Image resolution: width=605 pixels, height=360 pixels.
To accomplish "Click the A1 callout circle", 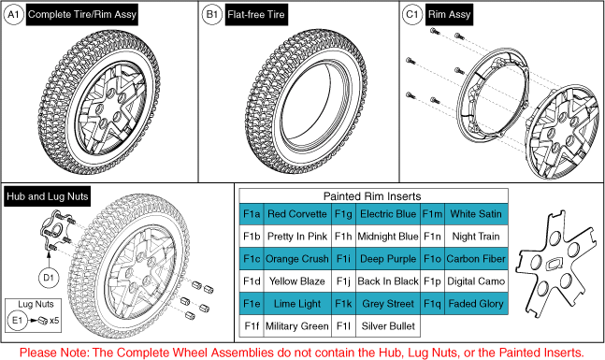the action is pos(13,15).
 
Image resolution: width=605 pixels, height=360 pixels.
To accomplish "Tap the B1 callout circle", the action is pos(212,15).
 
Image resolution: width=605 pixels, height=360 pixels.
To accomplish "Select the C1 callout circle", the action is pos(412,15).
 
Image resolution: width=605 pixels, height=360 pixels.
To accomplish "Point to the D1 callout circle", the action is pos(49,278).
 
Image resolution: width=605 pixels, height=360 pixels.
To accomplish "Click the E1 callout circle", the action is pos(18,320).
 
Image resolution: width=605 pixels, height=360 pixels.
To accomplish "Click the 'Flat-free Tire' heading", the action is pos(256,15).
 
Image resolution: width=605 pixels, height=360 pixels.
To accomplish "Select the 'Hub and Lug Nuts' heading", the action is pos(48,196).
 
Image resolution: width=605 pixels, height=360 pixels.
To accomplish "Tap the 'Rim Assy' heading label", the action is pos(449,15).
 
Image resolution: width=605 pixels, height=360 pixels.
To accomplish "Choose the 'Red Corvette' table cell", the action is pos(297,214).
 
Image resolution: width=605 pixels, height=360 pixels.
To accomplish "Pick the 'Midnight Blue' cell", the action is pos(388,237).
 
